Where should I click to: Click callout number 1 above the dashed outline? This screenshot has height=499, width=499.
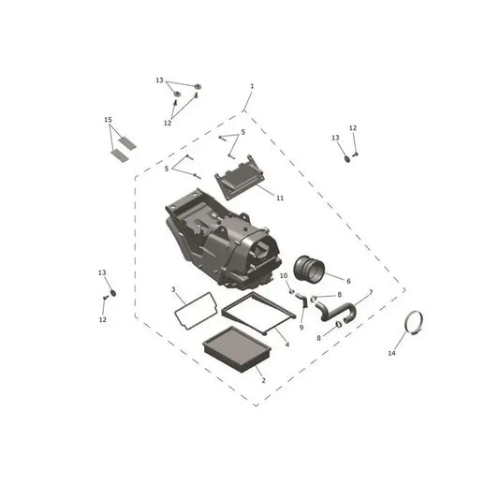point(252,86)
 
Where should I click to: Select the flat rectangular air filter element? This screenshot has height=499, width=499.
point(237,349)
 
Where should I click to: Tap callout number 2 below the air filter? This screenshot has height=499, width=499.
point(263,380)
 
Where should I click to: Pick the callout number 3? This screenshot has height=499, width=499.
point(173,289)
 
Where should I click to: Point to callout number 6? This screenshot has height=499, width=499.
point(348,281)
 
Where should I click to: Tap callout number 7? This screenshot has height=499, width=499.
point(371,292)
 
